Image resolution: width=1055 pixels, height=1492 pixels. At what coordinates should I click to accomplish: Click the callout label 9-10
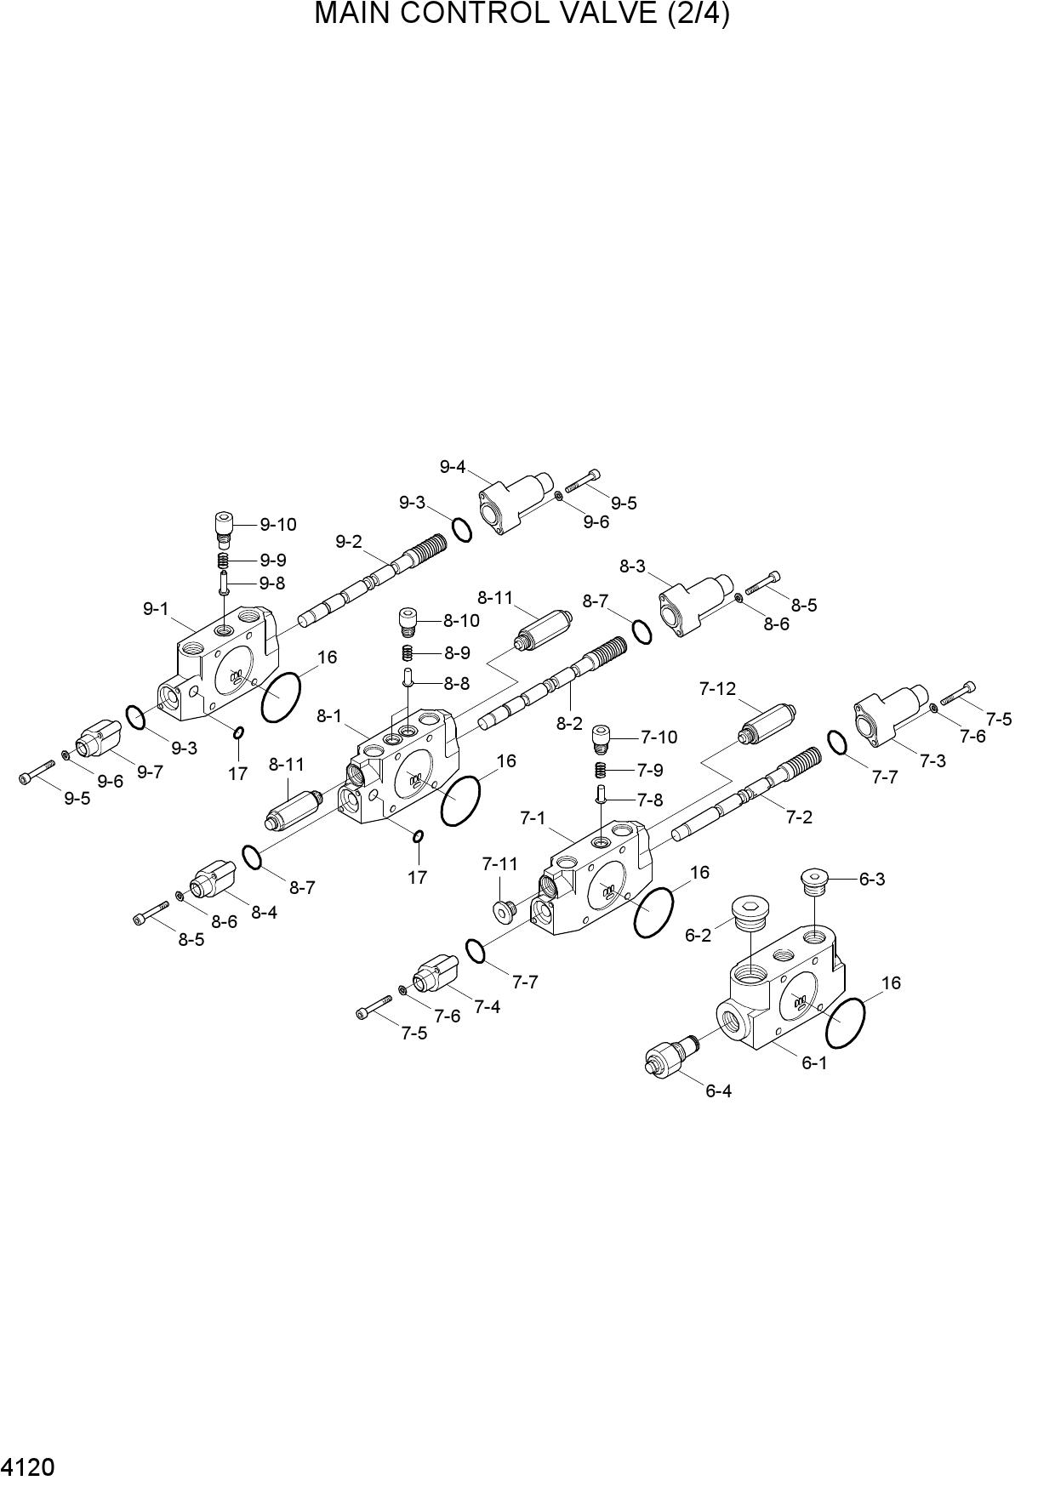point(278,525)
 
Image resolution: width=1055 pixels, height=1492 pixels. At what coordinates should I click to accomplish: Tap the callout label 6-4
point(718,1091)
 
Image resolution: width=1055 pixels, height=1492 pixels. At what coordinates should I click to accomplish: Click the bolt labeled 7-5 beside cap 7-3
point(958,694)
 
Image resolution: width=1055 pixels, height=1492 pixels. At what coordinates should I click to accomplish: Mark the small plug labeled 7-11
point(504,909)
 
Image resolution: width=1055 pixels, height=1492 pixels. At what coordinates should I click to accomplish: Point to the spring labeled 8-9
point(408,653)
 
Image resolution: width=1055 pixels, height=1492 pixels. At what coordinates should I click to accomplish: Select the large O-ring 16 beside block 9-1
point(281,697)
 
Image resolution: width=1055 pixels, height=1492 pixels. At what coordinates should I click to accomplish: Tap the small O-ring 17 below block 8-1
point(418,836)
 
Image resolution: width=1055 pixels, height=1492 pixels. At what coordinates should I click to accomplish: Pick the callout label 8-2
point(569,724)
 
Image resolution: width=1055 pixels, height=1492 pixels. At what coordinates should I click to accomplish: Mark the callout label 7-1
point(533,818)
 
